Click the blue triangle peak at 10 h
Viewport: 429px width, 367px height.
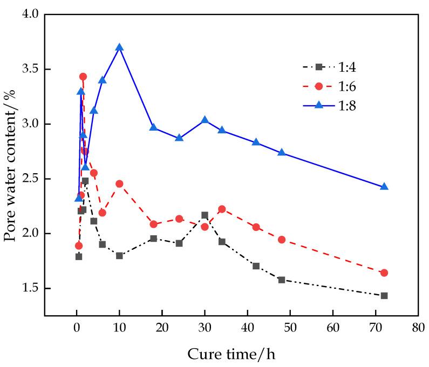(119, 47)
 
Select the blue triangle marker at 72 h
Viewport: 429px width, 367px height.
(384, 187)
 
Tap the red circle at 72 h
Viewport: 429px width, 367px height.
(384, 273)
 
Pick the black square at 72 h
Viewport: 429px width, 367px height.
(384, 295)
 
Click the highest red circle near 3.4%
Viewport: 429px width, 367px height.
(83, 77)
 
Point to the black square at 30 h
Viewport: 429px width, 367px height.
(205, 215)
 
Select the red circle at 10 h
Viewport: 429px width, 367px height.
(119, 184)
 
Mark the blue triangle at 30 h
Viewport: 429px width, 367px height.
(205, 120)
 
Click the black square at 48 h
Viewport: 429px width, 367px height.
(282, 280)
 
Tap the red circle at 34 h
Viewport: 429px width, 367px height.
(222, 209)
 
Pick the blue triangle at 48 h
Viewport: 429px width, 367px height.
(282, 153)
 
